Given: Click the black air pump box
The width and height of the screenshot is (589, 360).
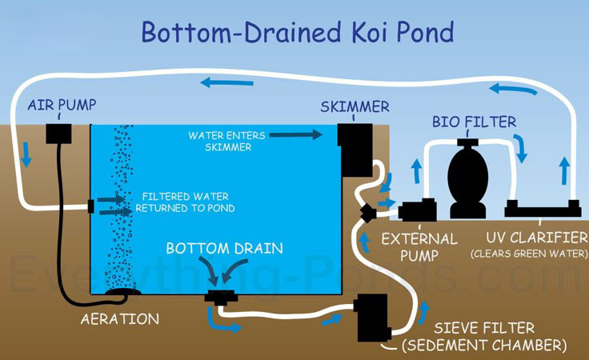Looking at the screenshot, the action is [58, 134].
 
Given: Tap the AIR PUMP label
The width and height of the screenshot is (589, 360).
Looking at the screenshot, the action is [62, 105].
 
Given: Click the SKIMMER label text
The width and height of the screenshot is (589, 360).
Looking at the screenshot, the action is [355, 107].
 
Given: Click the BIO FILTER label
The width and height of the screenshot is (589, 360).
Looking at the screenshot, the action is [474, 122].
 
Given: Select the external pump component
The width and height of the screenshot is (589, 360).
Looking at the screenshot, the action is [417, 210].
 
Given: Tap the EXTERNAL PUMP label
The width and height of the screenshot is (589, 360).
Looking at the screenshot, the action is [419, 247].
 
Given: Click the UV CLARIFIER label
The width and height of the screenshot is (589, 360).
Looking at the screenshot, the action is [537, 238].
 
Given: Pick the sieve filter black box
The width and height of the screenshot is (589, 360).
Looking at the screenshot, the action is [372, 318].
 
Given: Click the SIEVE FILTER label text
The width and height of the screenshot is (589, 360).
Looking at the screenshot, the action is [484, 328].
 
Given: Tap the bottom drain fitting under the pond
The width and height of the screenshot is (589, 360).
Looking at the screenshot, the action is [222, 297].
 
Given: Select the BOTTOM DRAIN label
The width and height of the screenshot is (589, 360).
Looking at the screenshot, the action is [224, 249].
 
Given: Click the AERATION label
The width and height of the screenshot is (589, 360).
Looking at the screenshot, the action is [120, 319].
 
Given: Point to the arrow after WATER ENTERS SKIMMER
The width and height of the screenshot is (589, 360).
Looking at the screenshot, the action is [296, 134].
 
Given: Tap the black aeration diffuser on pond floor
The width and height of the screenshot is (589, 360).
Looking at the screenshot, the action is [122, 292].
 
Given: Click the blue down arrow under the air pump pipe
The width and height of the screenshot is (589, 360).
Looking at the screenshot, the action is [26, 154].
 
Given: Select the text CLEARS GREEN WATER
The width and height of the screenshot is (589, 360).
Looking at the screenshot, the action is [529, 254].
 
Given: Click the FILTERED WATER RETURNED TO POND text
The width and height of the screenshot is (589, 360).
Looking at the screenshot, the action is [185, 202].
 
